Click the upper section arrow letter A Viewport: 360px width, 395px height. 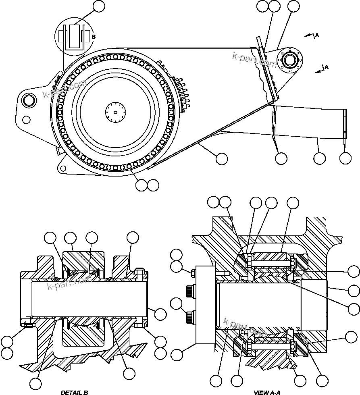317,35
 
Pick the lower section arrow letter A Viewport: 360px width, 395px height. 327,67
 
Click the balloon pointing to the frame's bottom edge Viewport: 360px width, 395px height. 221,158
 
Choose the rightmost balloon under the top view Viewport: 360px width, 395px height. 345,158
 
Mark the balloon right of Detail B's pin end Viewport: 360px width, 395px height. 160,314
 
